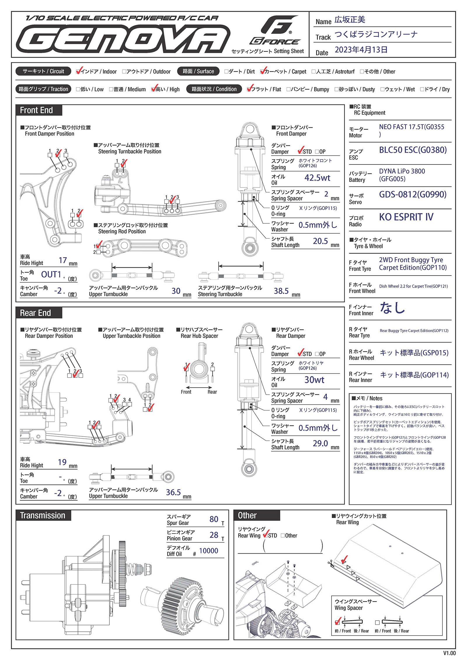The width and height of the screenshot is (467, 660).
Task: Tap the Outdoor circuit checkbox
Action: pos(124,72)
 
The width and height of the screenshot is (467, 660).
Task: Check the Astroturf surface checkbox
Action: pos(313,72)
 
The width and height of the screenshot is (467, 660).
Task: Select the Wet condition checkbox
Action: pos(382,89)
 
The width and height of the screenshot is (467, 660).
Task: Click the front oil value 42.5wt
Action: pos(317,178)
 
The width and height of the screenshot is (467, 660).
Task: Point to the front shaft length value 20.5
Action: pos(320,241)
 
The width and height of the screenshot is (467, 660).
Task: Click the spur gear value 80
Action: pos(214,519)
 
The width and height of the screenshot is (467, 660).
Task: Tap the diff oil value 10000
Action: pos(208,551)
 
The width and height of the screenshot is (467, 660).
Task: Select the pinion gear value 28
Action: pos(214,535)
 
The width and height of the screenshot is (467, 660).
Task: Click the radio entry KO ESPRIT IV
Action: pos(406,217)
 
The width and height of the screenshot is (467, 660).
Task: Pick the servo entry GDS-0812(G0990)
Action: pos(412,195)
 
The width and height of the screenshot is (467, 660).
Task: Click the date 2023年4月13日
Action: pos(361,50)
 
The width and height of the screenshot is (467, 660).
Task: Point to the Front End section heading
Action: pos(36,110)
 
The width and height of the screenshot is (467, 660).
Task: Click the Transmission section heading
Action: pos(43,515)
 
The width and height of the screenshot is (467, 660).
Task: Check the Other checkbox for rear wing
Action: pos(283,535)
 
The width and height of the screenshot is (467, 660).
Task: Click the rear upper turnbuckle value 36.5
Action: pos(173,492)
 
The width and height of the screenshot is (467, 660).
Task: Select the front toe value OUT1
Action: pos(51,274)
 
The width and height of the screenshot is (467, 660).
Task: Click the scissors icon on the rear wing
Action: pos(330,563)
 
